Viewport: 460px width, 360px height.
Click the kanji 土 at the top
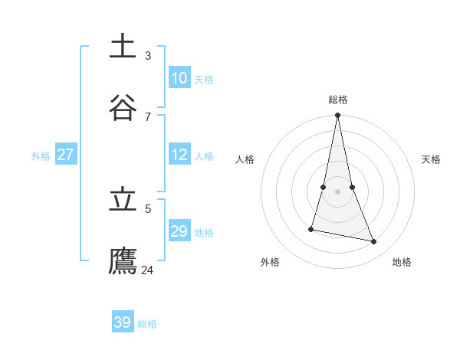(x=123, y=46)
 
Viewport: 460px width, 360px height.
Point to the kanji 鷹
(x=123, y=260)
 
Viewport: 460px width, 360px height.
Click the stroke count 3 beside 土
(x=148, y=55)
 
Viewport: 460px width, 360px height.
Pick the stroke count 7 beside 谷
(x=148, y=116)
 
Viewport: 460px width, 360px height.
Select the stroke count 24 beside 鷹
(x=148, y=270)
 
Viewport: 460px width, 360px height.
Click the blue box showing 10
(x=179, y=78)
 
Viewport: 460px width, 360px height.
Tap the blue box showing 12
(x=179, y=155)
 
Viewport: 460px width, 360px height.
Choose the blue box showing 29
(x=179, y=231)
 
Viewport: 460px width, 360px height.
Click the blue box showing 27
(x=66, y=155)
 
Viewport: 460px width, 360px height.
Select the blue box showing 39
(x=123, y=322)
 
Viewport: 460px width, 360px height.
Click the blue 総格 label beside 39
(x=147, y=324)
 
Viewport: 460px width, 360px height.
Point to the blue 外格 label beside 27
(x=41, y=156)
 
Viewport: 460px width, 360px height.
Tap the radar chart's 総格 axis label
(x=338, y=100)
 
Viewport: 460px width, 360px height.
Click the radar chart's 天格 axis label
(x=431, y=159)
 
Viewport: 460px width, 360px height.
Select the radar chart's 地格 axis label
(x=402, y=262)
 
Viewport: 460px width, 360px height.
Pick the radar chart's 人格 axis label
(x=245, y=159)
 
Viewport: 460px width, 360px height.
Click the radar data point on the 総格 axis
(x=338, y=116)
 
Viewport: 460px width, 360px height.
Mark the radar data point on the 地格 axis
(x=374, y=242)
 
